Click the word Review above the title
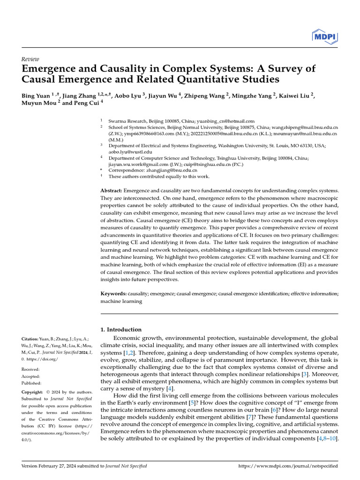click(30, 59)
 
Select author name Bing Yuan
click(36, 96)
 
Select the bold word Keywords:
click(113, 293)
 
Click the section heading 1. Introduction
click(121, 330)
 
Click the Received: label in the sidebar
click(31, 369)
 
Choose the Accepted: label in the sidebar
click(31, 376)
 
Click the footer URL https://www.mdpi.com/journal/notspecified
click(288, 466)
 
